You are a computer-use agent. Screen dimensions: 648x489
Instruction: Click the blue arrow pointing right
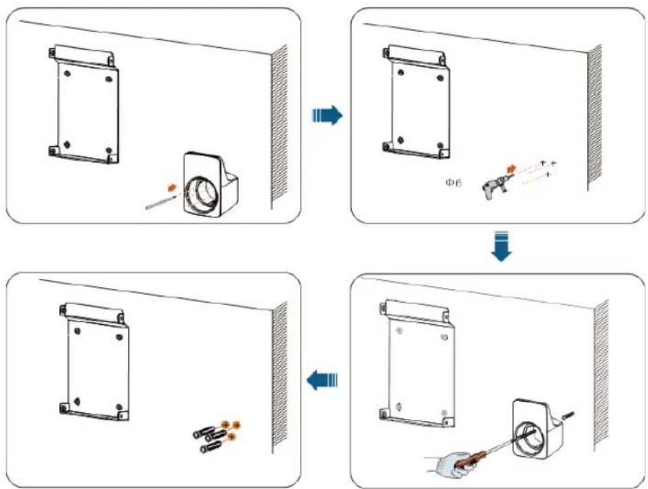click(327, 115)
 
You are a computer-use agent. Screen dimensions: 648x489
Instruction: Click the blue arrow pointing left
click(322, 380)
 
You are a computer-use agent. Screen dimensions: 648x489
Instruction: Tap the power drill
click(497, 187)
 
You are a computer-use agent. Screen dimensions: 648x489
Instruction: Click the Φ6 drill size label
click(453, 183)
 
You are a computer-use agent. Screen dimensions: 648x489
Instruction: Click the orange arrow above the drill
click(512, 168)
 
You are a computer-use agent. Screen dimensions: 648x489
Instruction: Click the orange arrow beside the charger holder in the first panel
click(172, 188)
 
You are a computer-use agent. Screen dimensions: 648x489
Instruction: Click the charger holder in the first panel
click(210, 185)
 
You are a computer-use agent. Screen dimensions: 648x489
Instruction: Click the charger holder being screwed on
click(537, 429)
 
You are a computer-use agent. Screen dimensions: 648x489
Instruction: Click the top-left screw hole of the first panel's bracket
click(67, 73)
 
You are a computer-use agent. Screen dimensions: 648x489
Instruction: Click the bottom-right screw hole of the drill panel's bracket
click(440, 146)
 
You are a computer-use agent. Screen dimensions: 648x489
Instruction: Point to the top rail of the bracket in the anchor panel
click(92, 312)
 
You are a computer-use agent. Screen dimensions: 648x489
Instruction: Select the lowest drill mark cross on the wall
click(548, 175)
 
